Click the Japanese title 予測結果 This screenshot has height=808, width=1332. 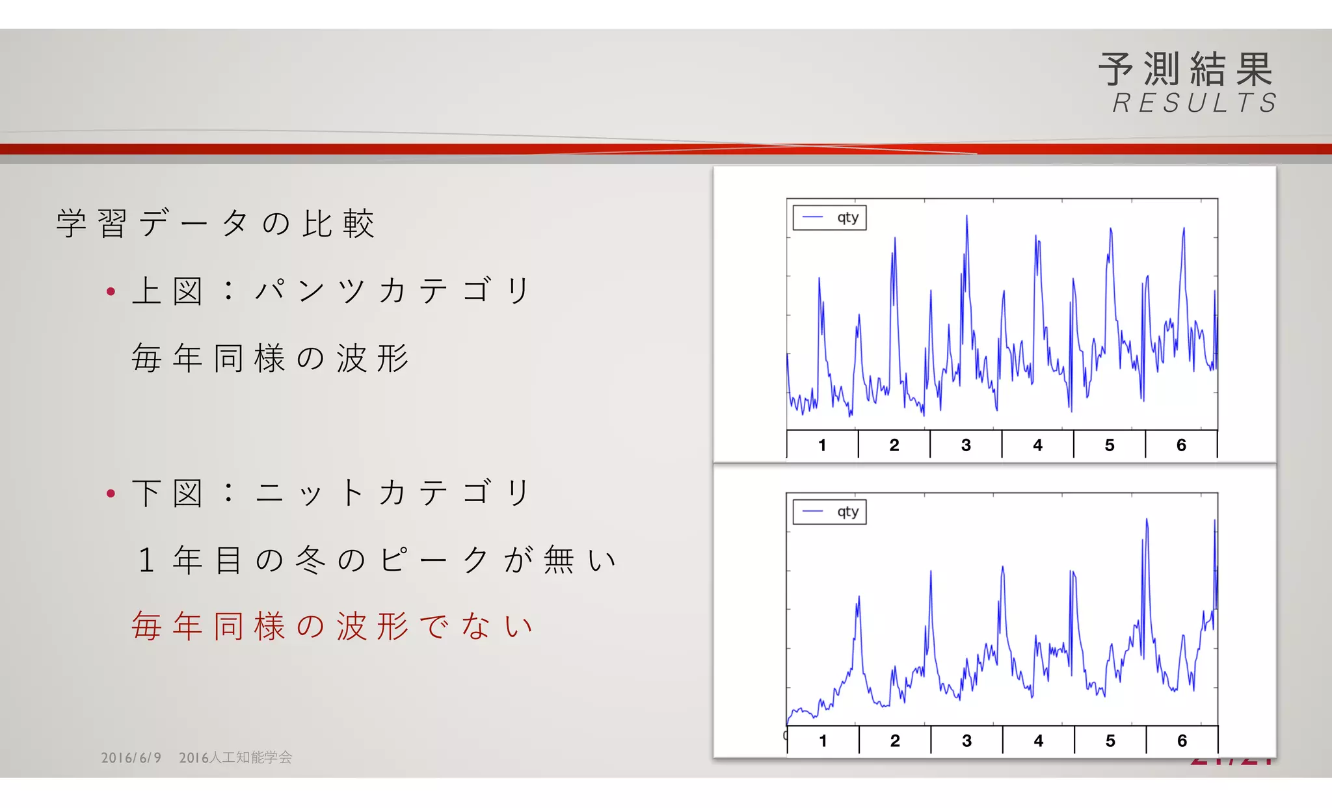click(x=1185, y=70)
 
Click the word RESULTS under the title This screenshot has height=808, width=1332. click(x=1195, y=103)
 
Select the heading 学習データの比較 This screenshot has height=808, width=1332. click(x=215, y=224)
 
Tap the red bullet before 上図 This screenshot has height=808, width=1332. click(x=111, y=292)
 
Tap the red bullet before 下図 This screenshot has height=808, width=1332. click(x=111, y=494)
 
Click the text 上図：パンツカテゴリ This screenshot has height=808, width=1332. click(x=332, y=291)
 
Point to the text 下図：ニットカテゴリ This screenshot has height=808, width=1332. click(x=332, y=493)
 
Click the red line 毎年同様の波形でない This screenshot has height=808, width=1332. click(x=332, y=627)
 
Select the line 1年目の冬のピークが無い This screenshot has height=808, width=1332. click(x=376, y=560)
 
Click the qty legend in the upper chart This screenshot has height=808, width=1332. click(x=829, y=218)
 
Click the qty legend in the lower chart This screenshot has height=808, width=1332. click(x=829, y=512)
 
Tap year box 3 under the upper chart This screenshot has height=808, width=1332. click(x=966, y=445)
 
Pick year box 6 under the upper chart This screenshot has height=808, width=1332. click(x=1181, y=445)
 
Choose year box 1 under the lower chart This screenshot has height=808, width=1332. click(x=823, y=741)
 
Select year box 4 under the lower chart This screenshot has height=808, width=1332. click(x=1038, y=741)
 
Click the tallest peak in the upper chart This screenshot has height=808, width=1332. click(x=966, y=218)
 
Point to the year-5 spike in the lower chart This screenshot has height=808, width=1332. click(x=1147, y=521)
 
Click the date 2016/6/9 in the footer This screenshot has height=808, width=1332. click(x=131, y=758)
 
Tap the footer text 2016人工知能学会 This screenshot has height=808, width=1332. click(x=235, y=758)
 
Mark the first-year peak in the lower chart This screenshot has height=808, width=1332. click(x=859, y=598)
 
